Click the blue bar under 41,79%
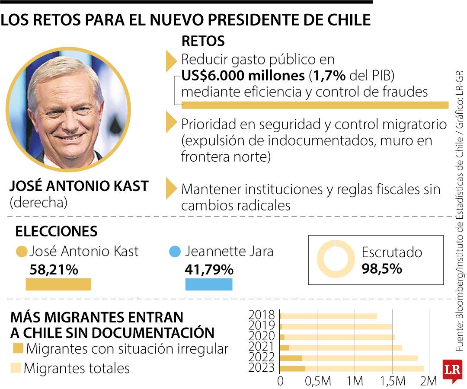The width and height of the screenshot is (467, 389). pyautogui.click(x=209, y=284)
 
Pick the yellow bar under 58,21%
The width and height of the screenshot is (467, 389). pyautogui.click(x=58, y=284)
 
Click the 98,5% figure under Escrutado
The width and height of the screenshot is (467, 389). pyautogui.click(x=382, y=268)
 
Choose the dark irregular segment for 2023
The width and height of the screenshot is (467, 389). pyautogui.click(x=293, y=369)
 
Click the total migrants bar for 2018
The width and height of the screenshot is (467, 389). pyautogui.click(x=329, y=316)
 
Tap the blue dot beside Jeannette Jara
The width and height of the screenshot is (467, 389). pyautogui.click(x=175, y=252)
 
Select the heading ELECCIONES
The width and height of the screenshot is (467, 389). pyautogui.click(x=56, y=232)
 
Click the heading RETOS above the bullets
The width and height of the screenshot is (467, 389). pyautogui.click(x=203, y=41)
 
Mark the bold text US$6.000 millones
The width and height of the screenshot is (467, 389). pyautogui.click(x=243, y=76)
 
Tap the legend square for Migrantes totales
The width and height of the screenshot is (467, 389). pyautogui.click(x=16, y=368)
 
